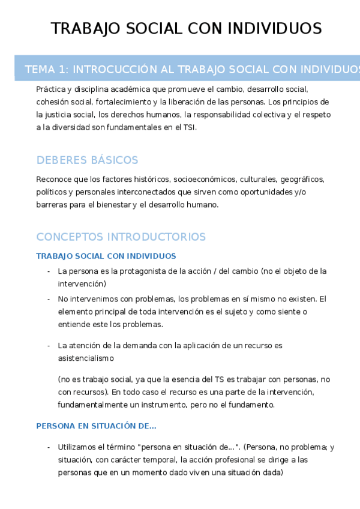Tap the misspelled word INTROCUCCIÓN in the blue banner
113,70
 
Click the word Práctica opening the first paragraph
51,89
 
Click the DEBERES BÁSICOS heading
87,160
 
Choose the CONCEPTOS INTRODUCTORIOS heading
121,236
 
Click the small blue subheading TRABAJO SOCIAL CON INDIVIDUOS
106,256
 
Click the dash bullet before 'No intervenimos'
49,299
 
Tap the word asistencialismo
86,358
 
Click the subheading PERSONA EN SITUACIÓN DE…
96,426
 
